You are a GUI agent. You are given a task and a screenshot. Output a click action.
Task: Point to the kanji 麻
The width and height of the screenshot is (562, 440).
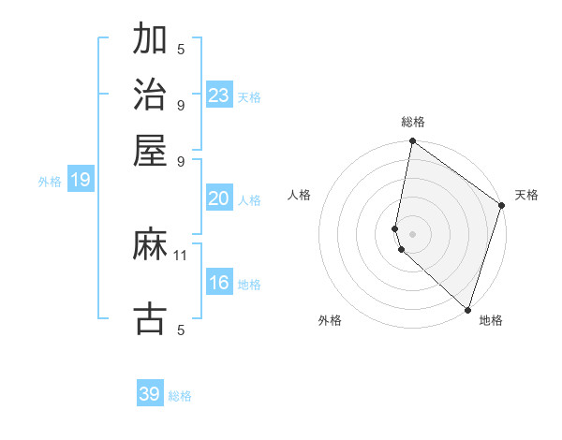151,245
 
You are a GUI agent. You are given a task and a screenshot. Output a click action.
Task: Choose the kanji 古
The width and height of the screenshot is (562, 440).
151,317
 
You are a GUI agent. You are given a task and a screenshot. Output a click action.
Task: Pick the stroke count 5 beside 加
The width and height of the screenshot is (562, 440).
181,49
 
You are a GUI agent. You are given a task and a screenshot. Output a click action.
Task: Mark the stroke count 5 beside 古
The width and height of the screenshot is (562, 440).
181,329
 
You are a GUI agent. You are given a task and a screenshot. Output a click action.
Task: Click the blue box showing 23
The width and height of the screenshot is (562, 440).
219,95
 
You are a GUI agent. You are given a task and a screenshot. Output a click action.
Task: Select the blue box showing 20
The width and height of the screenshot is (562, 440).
219,198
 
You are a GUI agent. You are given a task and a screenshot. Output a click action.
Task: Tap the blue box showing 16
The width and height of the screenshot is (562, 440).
219,283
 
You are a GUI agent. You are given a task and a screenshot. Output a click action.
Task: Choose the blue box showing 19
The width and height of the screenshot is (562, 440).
81,180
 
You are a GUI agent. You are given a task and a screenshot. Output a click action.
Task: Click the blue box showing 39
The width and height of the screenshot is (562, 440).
150,394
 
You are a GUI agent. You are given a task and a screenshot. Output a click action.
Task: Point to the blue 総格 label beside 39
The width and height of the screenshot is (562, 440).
180,396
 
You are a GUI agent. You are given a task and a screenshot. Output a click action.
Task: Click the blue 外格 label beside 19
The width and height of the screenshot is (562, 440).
50,182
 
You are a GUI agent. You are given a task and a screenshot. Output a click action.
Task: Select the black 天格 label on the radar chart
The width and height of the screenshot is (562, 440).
526,195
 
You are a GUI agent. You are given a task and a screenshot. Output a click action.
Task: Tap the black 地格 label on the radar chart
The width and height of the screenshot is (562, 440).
491,320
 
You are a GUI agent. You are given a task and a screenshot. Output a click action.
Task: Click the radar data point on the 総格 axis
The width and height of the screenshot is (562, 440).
412,142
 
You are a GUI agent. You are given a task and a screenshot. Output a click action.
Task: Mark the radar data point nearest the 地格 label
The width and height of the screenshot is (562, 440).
467,309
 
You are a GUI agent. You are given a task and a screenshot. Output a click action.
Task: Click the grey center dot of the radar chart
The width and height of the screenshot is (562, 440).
412,233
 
